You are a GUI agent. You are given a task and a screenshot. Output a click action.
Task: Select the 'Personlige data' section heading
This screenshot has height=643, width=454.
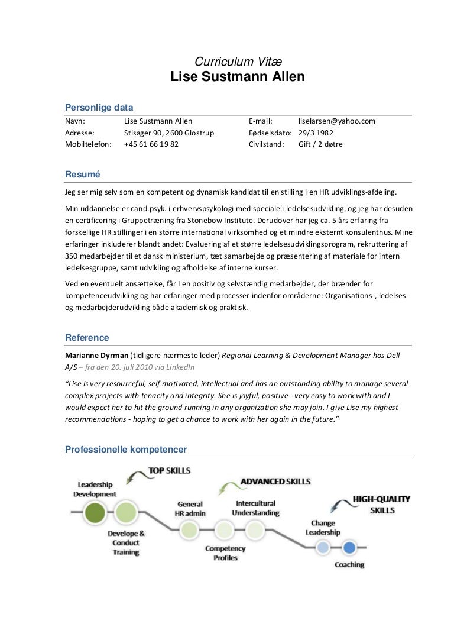click(98, 108)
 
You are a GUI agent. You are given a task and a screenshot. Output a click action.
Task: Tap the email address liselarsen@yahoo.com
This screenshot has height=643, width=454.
click(337, 121)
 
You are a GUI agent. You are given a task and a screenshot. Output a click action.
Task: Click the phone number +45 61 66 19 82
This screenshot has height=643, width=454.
click(151, 144)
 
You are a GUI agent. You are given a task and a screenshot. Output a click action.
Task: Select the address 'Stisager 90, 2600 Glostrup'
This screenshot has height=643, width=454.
click(168, 133)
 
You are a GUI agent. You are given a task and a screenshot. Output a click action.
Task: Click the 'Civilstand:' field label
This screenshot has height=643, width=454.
click(267, 144)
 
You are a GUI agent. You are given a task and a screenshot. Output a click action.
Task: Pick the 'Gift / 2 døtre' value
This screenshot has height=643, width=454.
click(320, 144)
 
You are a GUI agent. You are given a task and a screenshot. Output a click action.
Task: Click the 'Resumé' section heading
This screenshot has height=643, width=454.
click(82, 175)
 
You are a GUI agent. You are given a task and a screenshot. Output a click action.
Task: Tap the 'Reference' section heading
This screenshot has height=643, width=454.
click(86, 338)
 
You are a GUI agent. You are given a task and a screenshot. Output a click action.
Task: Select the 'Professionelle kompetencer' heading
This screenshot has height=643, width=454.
click(125, 450)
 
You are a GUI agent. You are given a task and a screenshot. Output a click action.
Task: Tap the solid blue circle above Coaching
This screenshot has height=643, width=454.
click(349, 548)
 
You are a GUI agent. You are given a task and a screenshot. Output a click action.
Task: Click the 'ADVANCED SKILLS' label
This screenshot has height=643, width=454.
click(275, 482)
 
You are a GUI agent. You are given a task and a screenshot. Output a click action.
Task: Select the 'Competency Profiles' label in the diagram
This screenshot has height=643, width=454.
click(225, 553)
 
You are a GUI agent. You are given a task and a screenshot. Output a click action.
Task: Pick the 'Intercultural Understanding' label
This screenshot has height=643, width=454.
click(255, 508)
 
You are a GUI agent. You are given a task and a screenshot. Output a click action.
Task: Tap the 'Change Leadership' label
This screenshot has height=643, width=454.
click(322, 528)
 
